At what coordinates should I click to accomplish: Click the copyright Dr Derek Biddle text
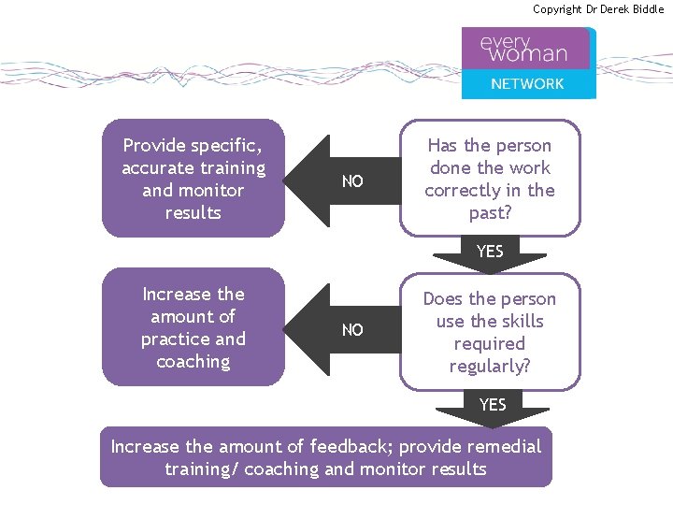(598, 9)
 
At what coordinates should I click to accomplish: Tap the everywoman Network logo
(528, 63)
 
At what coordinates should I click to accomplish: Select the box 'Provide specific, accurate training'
(193, 179)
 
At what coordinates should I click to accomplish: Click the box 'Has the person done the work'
(490, 179)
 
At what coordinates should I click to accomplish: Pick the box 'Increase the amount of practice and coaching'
(193, 327)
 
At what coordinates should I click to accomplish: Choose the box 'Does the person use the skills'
(490, 332)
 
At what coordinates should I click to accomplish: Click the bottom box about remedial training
(326, 457)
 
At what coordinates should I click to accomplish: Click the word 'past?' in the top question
(490, 213)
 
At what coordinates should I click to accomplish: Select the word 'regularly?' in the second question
(490, 367)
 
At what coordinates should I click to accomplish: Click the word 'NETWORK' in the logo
(528, 84)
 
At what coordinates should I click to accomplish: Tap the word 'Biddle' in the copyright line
(646, 9)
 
